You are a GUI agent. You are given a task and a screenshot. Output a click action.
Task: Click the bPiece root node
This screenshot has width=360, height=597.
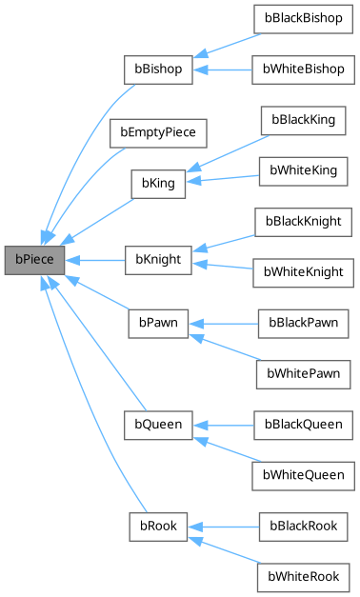[x=33, y=259]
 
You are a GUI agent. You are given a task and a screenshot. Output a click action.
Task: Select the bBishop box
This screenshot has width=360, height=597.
[x=158, y=70]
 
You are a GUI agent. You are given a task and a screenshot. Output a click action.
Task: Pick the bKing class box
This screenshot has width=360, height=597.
[x=158, y=181]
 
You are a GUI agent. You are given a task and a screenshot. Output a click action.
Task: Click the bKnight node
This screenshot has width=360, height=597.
[x=158, y=259]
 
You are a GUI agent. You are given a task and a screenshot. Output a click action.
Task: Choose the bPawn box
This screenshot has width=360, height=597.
[x=158, y=325]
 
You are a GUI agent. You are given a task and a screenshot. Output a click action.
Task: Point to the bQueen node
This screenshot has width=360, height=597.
[x=158, y=421]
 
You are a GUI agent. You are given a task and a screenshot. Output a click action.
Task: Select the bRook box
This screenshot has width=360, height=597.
[x=158, y=525]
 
